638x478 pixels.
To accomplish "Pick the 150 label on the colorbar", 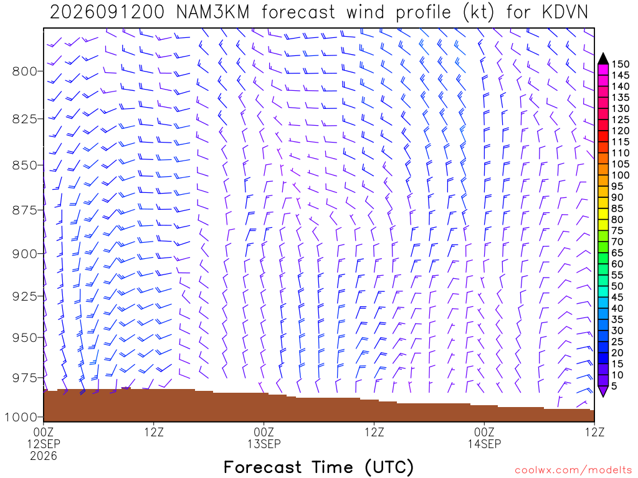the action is (621, 64).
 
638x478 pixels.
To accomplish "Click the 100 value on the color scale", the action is (621, 175).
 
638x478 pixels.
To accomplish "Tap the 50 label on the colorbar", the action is (617, 286).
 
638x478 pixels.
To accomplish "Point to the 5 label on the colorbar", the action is (614, 386).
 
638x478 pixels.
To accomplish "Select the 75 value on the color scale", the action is (617, 231).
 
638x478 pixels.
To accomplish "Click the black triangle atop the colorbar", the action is (603, 59).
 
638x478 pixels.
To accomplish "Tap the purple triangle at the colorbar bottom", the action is (603, 391).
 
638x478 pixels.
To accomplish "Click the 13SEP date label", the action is (264, 444).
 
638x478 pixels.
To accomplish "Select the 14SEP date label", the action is (484, 444).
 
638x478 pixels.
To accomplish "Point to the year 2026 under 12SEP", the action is (44, 456).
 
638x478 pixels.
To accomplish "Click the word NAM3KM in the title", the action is (213, 12).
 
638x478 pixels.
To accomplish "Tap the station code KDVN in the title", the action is (564, 12).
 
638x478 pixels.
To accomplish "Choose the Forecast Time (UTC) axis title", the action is (318, 467).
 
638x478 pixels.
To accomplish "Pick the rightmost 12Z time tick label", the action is (594, 432).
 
